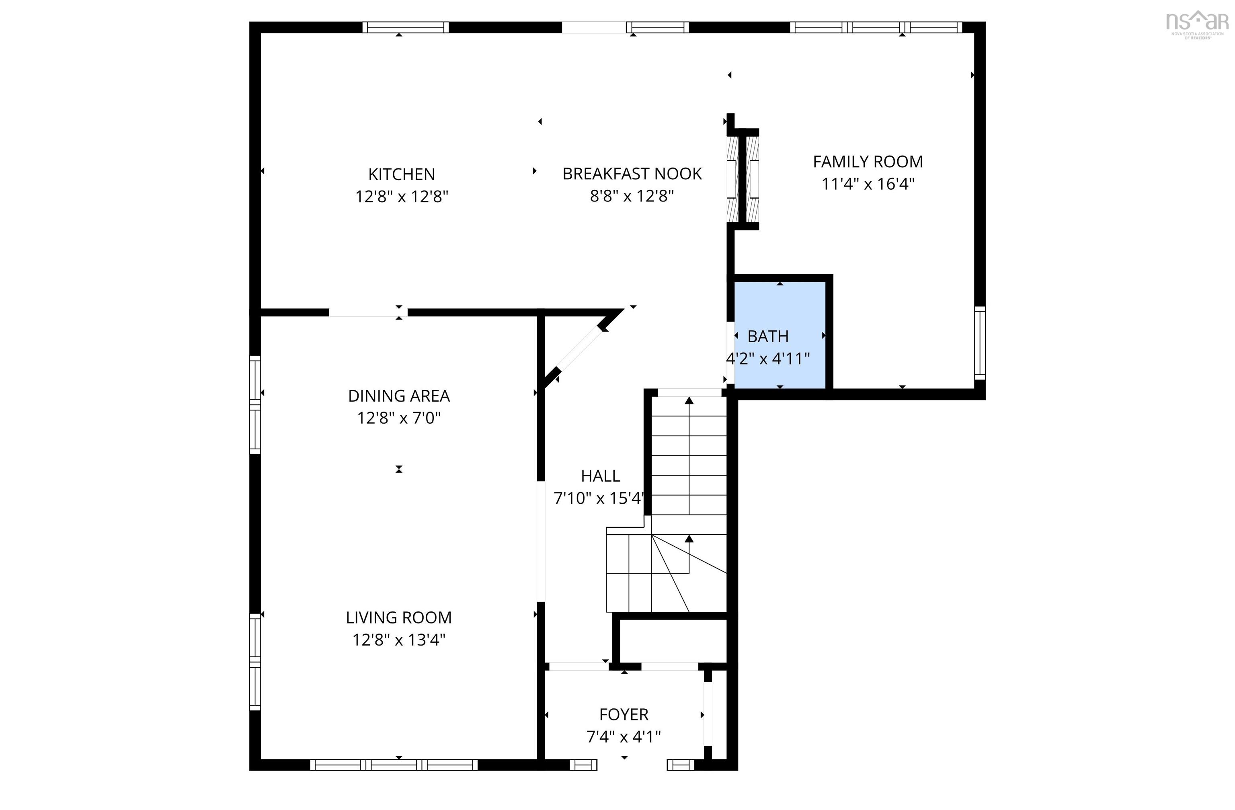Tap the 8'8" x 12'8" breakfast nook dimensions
pyautogui.click(x=632, y=196)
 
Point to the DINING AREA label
pyautogui.click(x=398, y=396)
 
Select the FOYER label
pyautogui.click(x=623, y=714)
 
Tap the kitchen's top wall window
pyautogui.click(x=405, y=27)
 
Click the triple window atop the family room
pyautogui.click(x=876, y=27)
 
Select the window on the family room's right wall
pyautogui.click(x=979, y=342)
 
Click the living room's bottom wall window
pyautogui.click(x=394, y=764)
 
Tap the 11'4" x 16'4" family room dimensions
pyautogui.click(x=868, y=184)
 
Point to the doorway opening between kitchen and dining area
pyautogui.click(x=368, y=312)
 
